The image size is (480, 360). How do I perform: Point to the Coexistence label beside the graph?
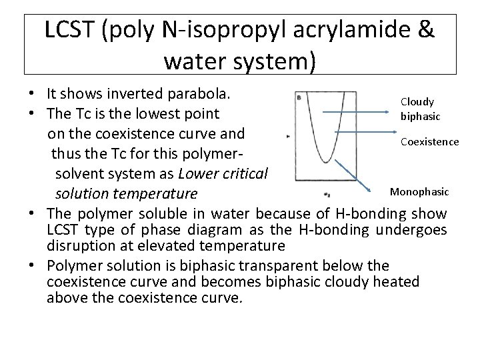429,142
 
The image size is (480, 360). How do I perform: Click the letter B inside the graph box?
299,98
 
